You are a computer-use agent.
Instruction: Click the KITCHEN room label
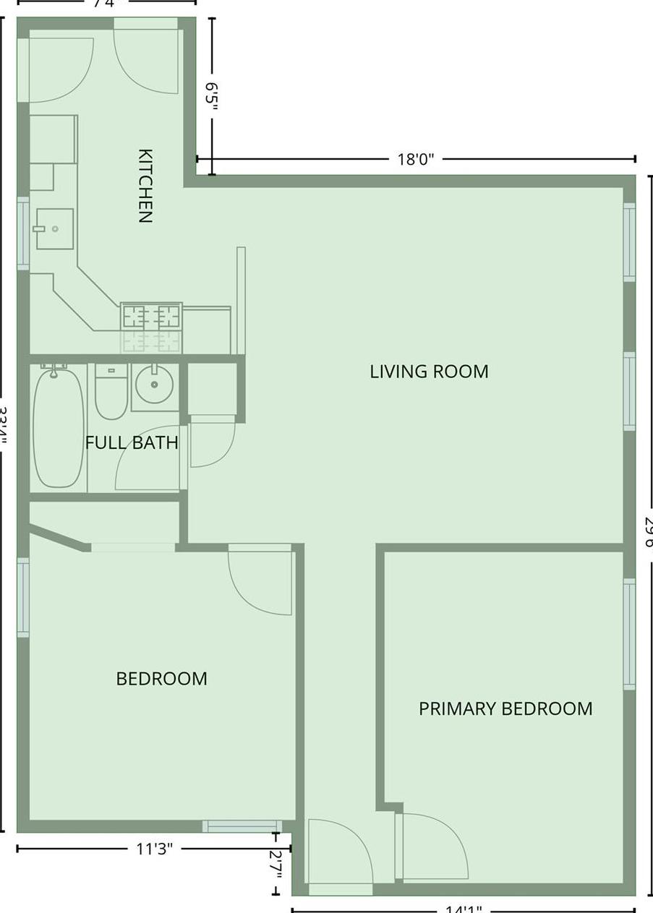145,186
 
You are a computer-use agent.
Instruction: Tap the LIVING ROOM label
429,372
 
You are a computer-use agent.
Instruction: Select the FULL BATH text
132,442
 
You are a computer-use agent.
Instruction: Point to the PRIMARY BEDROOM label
505,708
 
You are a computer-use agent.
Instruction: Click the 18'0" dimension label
415,159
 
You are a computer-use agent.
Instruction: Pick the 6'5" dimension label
211,96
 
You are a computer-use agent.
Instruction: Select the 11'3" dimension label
154,849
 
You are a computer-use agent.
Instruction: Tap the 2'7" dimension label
276,863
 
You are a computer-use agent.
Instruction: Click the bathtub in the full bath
59,427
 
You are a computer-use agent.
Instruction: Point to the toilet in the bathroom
111,392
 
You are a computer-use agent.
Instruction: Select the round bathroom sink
155,385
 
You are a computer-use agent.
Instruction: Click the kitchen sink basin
54,228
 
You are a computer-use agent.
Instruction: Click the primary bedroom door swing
432,846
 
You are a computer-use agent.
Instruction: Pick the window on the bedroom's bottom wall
242,826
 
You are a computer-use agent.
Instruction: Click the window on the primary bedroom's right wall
629,634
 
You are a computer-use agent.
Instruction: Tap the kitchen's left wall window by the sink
23,233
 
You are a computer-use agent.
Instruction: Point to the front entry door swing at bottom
338,852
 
